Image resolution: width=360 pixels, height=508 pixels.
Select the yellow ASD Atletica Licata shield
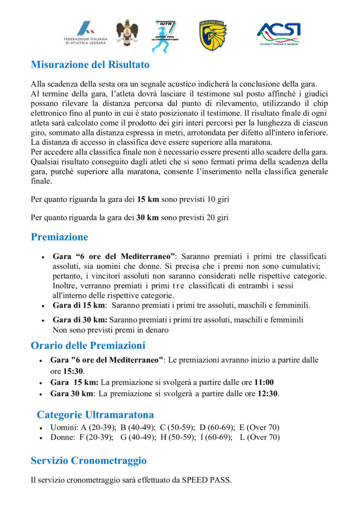[213, 35]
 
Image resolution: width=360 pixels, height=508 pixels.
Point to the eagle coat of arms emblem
[127, 33]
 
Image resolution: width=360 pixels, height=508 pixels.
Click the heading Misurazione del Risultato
[90, 64]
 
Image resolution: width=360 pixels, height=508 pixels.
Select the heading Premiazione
[59, 237]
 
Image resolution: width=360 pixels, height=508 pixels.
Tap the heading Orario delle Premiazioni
[88, 345]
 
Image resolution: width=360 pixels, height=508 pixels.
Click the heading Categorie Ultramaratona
[95, 414]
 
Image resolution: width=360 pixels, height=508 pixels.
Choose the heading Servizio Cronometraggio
[88, 460]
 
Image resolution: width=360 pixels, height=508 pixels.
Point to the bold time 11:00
[264, 382]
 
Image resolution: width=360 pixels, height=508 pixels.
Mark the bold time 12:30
[266, 394]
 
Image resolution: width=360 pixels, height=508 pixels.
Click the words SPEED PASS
[206, 480]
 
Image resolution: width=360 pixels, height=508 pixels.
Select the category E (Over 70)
[259, 428]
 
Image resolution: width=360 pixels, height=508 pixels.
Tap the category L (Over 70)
[260, 438]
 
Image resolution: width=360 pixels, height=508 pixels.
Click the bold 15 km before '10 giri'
[147, 199]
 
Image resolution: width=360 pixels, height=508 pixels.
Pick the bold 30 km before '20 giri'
[147, 217]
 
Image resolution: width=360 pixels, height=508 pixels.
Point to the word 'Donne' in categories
[62, 438]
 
